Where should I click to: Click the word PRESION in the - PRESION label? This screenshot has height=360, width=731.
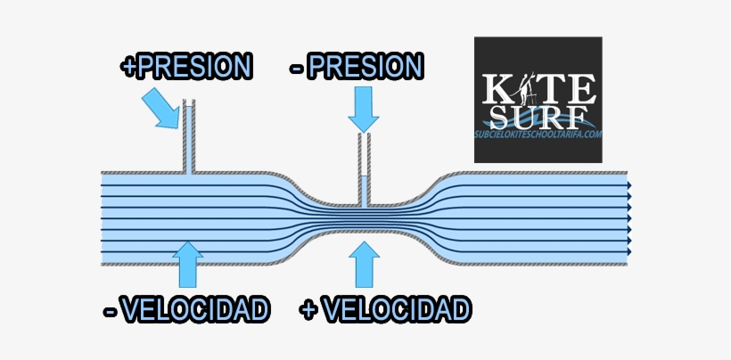365,66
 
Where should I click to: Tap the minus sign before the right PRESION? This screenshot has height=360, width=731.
297,67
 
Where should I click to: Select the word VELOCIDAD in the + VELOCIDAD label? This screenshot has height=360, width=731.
398,310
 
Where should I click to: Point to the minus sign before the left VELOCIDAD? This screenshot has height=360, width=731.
111,311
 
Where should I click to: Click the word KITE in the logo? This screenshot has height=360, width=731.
537,89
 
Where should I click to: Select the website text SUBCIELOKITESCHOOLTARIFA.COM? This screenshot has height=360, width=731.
538,134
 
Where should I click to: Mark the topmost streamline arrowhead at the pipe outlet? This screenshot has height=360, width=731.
629,186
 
